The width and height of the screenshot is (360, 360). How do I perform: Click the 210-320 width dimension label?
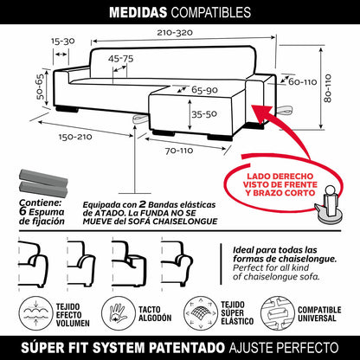click(175, 33)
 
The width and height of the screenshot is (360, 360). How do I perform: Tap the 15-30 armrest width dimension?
click(63, 42)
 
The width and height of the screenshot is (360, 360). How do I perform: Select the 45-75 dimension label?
click(121, 59)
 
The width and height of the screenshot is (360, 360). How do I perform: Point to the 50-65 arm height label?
click(41, 87)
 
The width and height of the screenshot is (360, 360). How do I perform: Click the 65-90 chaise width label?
click(204, 90)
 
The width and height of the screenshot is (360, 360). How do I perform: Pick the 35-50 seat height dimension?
click(204, 114)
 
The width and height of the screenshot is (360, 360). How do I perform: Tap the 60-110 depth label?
click(303, 82)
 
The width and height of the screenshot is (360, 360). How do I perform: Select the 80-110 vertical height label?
click(328, 88)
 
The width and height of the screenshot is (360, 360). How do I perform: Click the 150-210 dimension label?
click(75, 137)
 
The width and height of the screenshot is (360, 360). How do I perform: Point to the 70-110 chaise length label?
click(179, 151)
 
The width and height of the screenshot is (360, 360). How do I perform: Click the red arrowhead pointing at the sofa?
click(261, 112)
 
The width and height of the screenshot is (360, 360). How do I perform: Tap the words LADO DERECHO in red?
click(276, 177)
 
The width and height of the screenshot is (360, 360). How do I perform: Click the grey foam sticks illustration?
click(43, 183)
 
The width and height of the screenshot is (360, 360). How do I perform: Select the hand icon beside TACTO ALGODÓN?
click(118, 313)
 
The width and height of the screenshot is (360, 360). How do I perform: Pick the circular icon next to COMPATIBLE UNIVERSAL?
click(277, 312)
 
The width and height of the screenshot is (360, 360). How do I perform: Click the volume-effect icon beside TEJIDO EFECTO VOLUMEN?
click(35, 313)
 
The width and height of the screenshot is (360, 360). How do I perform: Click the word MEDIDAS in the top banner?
click(138, 13)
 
